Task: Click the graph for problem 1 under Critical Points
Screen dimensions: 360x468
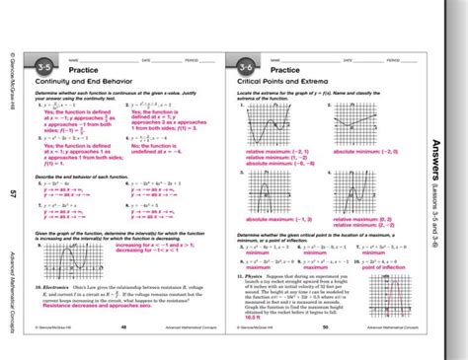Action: (x=268, y=127)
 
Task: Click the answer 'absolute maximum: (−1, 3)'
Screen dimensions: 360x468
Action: (x=370, y=219)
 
